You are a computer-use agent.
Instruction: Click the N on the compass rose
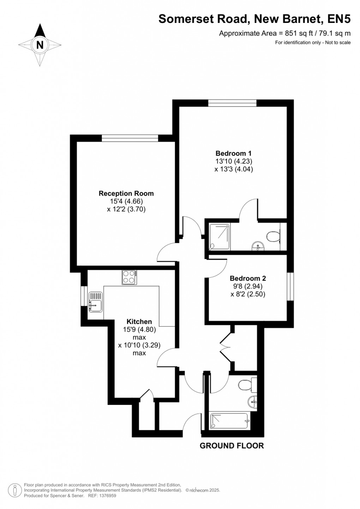(40, 45)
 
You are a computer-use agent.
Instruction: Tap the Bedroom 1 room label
(233, 153)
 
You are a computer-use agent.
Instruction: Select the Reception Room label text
(126, 193)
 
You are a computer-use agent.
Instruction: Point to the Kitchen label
(139, 322)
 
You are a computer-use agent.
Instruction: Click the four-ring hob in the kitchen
(129, 277)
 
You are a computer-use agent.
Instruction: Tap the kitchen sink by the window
(95, 302)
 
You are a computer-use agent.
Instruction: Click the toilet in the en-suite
(274, 236)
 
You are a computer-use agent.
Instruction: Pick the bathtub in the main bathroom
(230, 421)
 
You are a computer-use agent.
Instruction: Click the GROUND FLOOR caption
(232, 446)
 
